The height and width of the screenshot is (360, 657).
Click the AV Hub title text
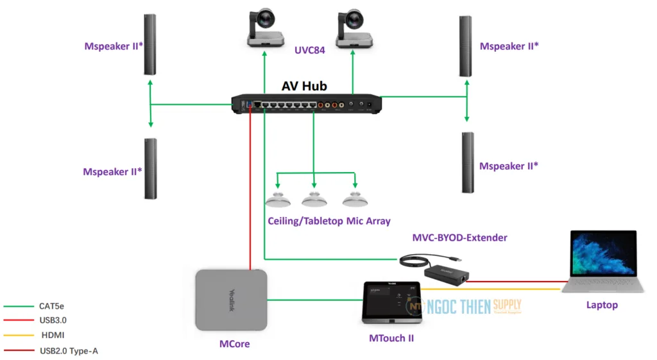pos(304,86)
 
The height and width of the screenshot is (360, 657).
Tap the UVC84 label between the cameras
pos(309,50)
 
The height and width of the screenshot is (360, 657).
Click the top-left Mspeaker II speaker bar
pos(149,44)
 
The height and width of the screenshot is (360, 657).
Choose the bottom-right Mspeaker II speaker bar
pos(467,162)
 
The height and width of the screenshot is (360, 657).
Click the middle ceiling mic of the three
pos(314,200)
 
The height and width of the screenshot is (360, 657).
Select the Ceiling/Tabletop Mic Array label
pos(329,221)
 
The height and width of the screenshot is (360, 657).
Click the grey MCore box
pos(231,300)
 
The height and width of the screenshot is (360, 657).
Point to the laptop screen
pos(602,254)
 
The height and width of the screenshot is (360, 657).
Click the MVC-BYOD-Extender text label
pos(459,238)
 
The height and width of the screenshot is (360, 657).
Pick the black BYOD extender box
pos(447,272)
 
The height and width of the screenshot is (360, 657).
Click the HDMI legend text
pos(53,335)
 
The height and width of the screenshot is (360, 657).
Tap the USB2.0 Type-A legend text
pos(69,350)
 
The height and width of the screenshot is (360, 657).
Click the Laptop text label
pos(602,305)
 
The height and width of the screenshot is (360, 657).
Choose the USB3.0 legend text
pos(53,320)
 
